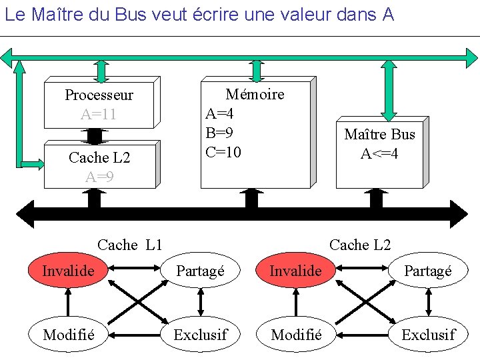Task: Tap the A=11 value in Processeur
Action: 99,114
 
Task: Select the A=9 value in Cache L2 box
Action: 99,177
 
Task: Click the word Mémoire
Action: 255,95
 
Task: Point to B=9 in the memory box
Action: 219,133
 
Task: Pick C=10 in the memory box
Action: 223,152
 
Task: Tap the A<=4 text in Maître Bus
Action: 379,154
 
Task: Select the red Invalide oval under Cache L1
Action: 68,271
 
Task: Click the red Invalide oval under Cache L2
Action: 295,271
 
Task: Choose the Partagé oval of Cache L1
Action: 200,271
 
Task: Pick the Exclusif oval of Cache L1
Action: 200,334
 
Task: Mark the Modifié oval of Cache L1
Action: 68,334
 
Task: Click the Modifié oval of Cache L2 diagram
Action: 296,334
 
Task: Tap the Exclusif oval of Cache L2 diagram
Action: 428,334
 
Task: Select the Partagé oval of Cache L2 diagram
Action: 428,271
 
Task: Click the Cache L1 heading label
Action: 130,245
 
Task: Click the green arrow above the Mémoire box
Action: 256,70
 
